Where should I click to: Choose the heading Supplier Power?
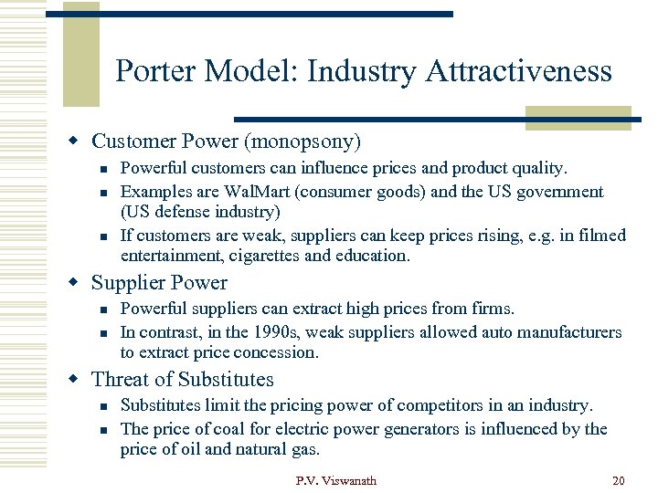point(159,283)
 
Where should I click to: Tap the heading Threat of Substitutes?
point(183,380)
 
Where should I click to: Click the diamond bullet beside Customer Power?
point(77,142)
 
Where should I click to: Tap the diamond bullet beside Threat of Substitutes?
point(77,380)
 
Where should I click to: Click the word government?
point(561,192)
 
